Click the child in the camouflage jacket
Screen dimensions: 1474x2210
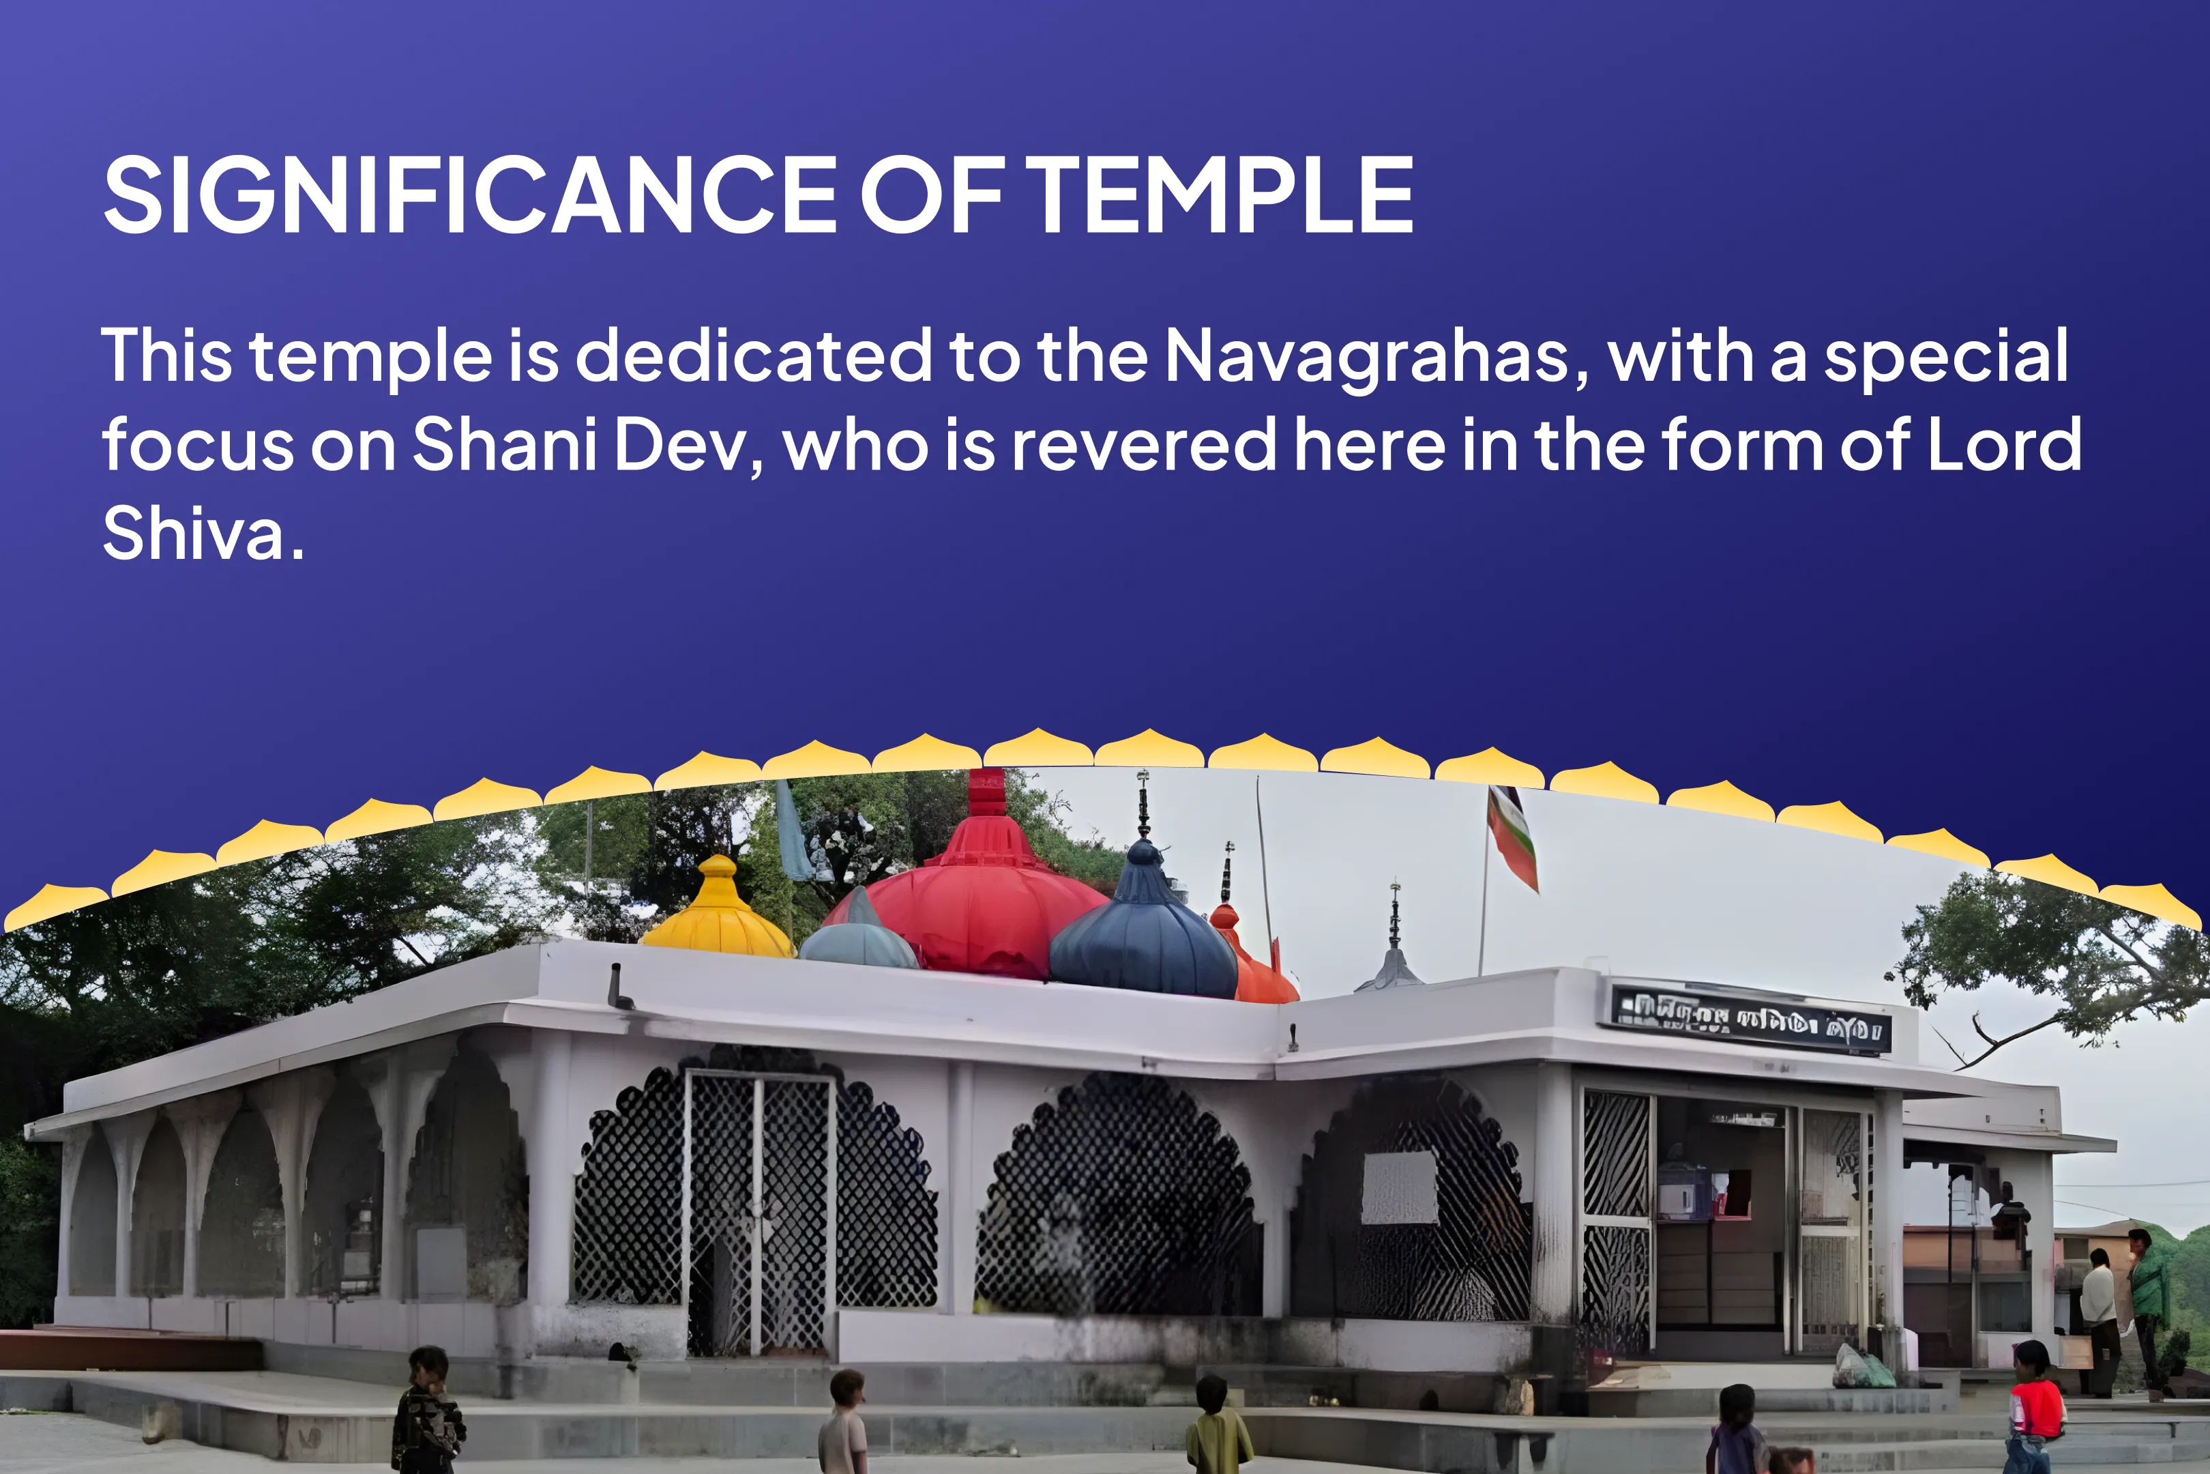(428, 1410)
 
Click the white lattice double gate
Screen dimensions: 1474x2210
(759, 1213)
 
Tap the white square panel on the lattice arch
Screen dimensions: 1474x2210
(1399, 1187)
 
